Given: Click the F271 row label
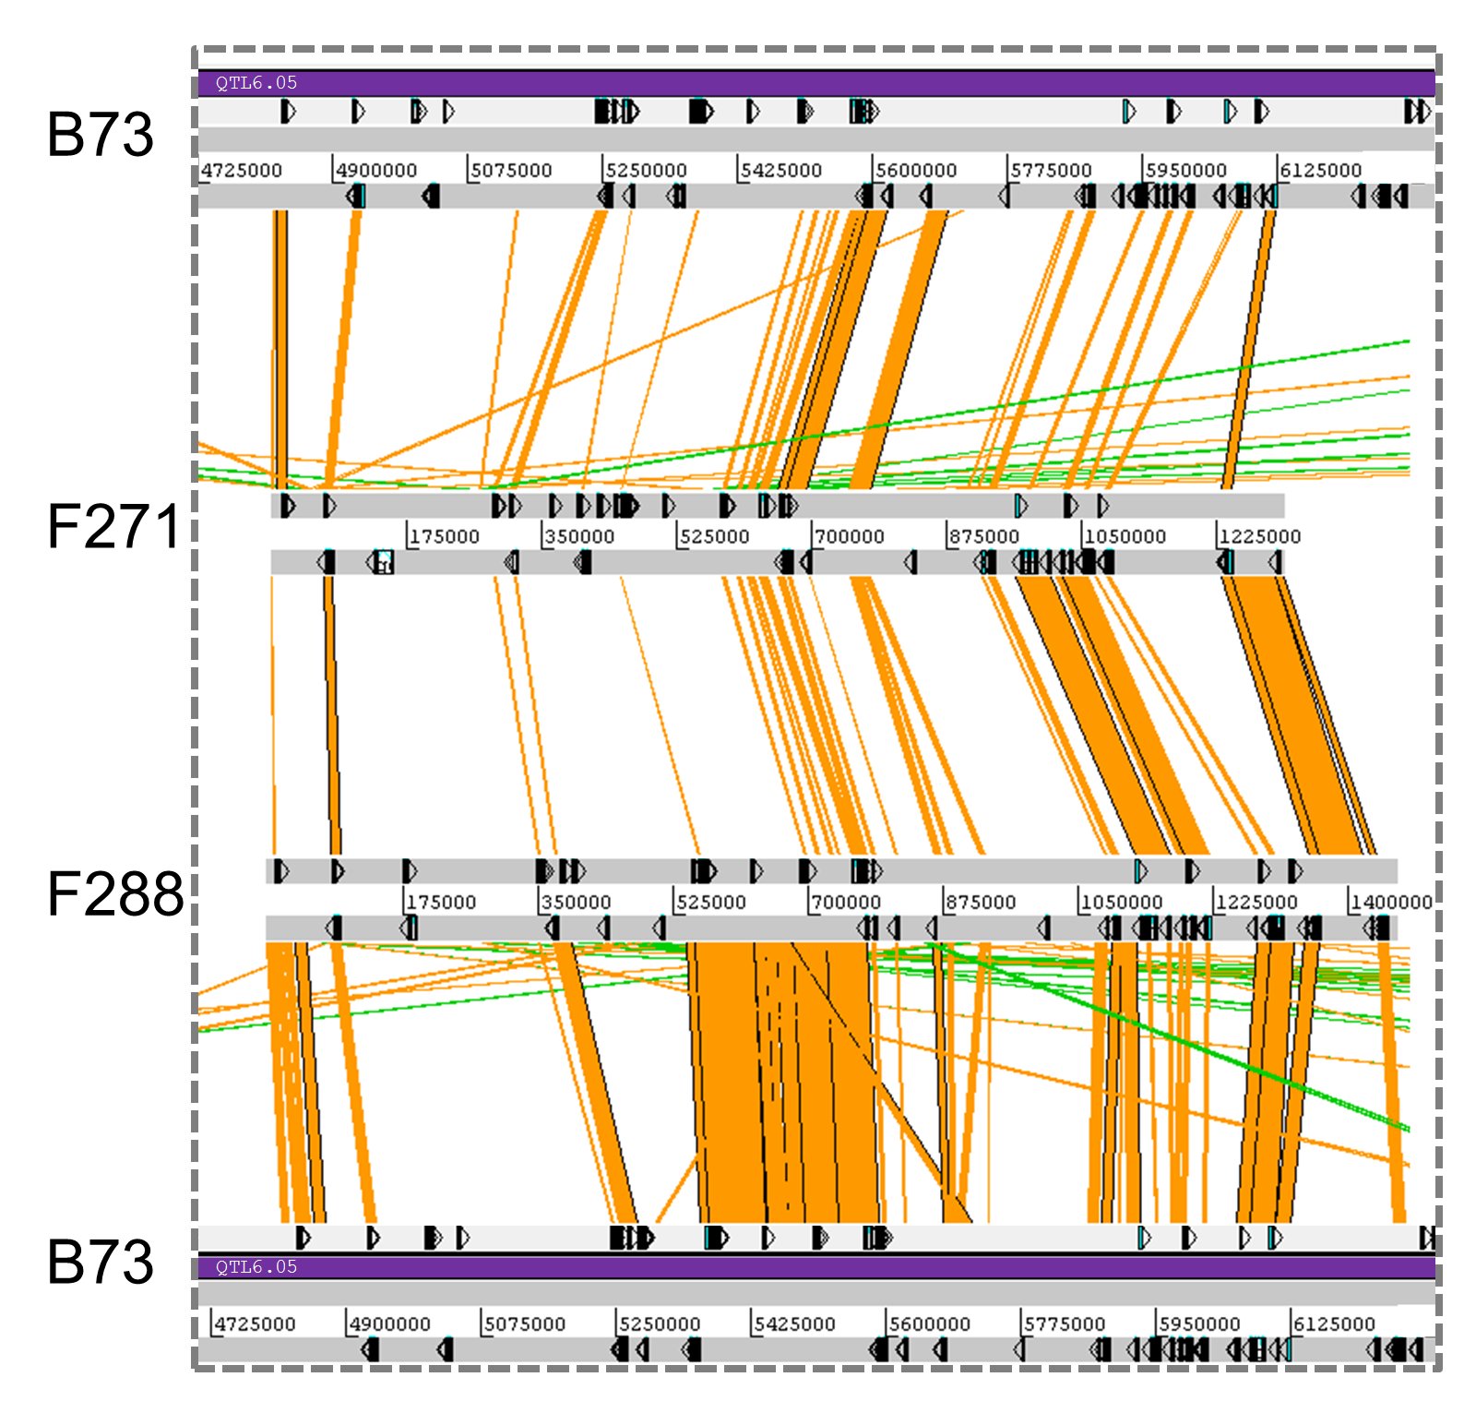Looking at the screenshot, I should click(113, 527).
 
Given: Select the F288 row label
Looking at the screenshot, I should click(115, 894).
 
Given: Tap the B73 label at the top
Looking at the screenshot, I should click(100, 135).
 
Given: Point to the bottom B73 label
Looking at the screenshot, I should click(100, 1262).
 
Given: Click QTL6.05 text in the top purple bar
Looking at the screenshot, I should click(256, 83).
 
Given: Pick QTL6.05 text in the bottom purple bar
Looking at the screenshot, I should click(256, 1267).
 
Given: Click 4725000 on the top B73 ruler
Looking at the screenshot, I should click(242, 171).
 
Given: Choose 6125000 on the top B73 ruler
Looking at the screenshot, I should click(1320, 171).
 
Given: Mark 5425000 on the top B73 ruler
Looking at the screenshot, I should click(780, 171).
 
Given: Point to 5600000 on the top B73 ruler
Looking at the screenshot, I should click(916, 171).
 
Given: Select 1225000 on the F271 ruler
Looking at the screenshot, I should click(1259, 537).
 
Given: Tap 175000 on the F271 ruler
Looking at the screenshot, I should click(445, 537).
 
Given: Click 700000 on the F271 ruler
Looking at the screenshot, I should click(850, 537).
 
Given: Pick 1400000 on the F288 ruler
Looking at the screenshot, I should click(1391, 903).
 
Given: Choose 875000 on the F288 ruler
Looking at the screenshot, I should click(981, 903).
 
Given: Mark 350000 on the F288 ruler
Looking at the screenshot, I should click(576, 903).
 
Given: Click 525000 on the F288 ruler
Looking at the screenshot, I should click(710, 903).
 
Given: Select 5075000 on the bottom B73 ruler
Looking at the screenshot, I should click(525, 1324).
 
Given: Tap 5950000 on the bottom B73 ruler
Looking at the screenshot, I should click(1199, 1324).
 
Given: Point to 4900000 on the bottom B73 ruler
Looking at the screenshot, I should click(389, 1324).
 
